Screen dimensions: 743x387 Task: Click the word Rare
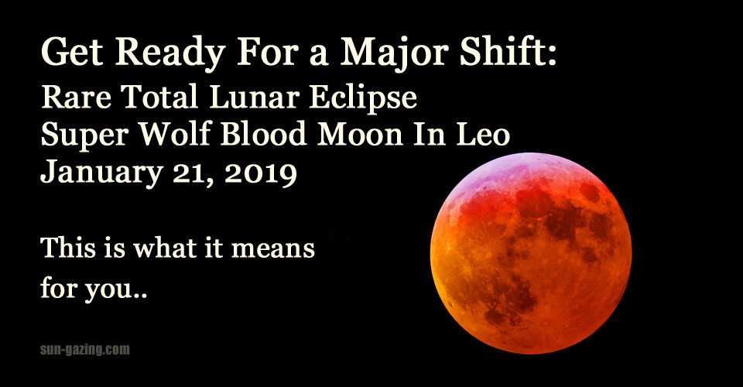coord(77,97)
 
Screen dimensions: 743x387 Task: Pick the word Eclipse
coord(364,99)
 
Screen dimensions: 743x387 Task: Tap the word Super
coord(84,136)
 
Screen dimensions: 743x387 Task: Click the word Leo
coord(483,134)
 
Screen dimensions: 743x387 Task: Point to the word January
coord(102,173)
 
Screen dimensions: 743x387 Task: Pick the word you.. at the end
coord(116,289)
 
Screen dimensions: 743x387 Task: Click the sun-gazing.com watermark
coord(85,350)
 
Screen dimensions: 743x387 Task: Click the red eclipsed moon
coord(531,253)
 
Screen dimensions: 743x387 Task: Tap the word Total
coord(160,97)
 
